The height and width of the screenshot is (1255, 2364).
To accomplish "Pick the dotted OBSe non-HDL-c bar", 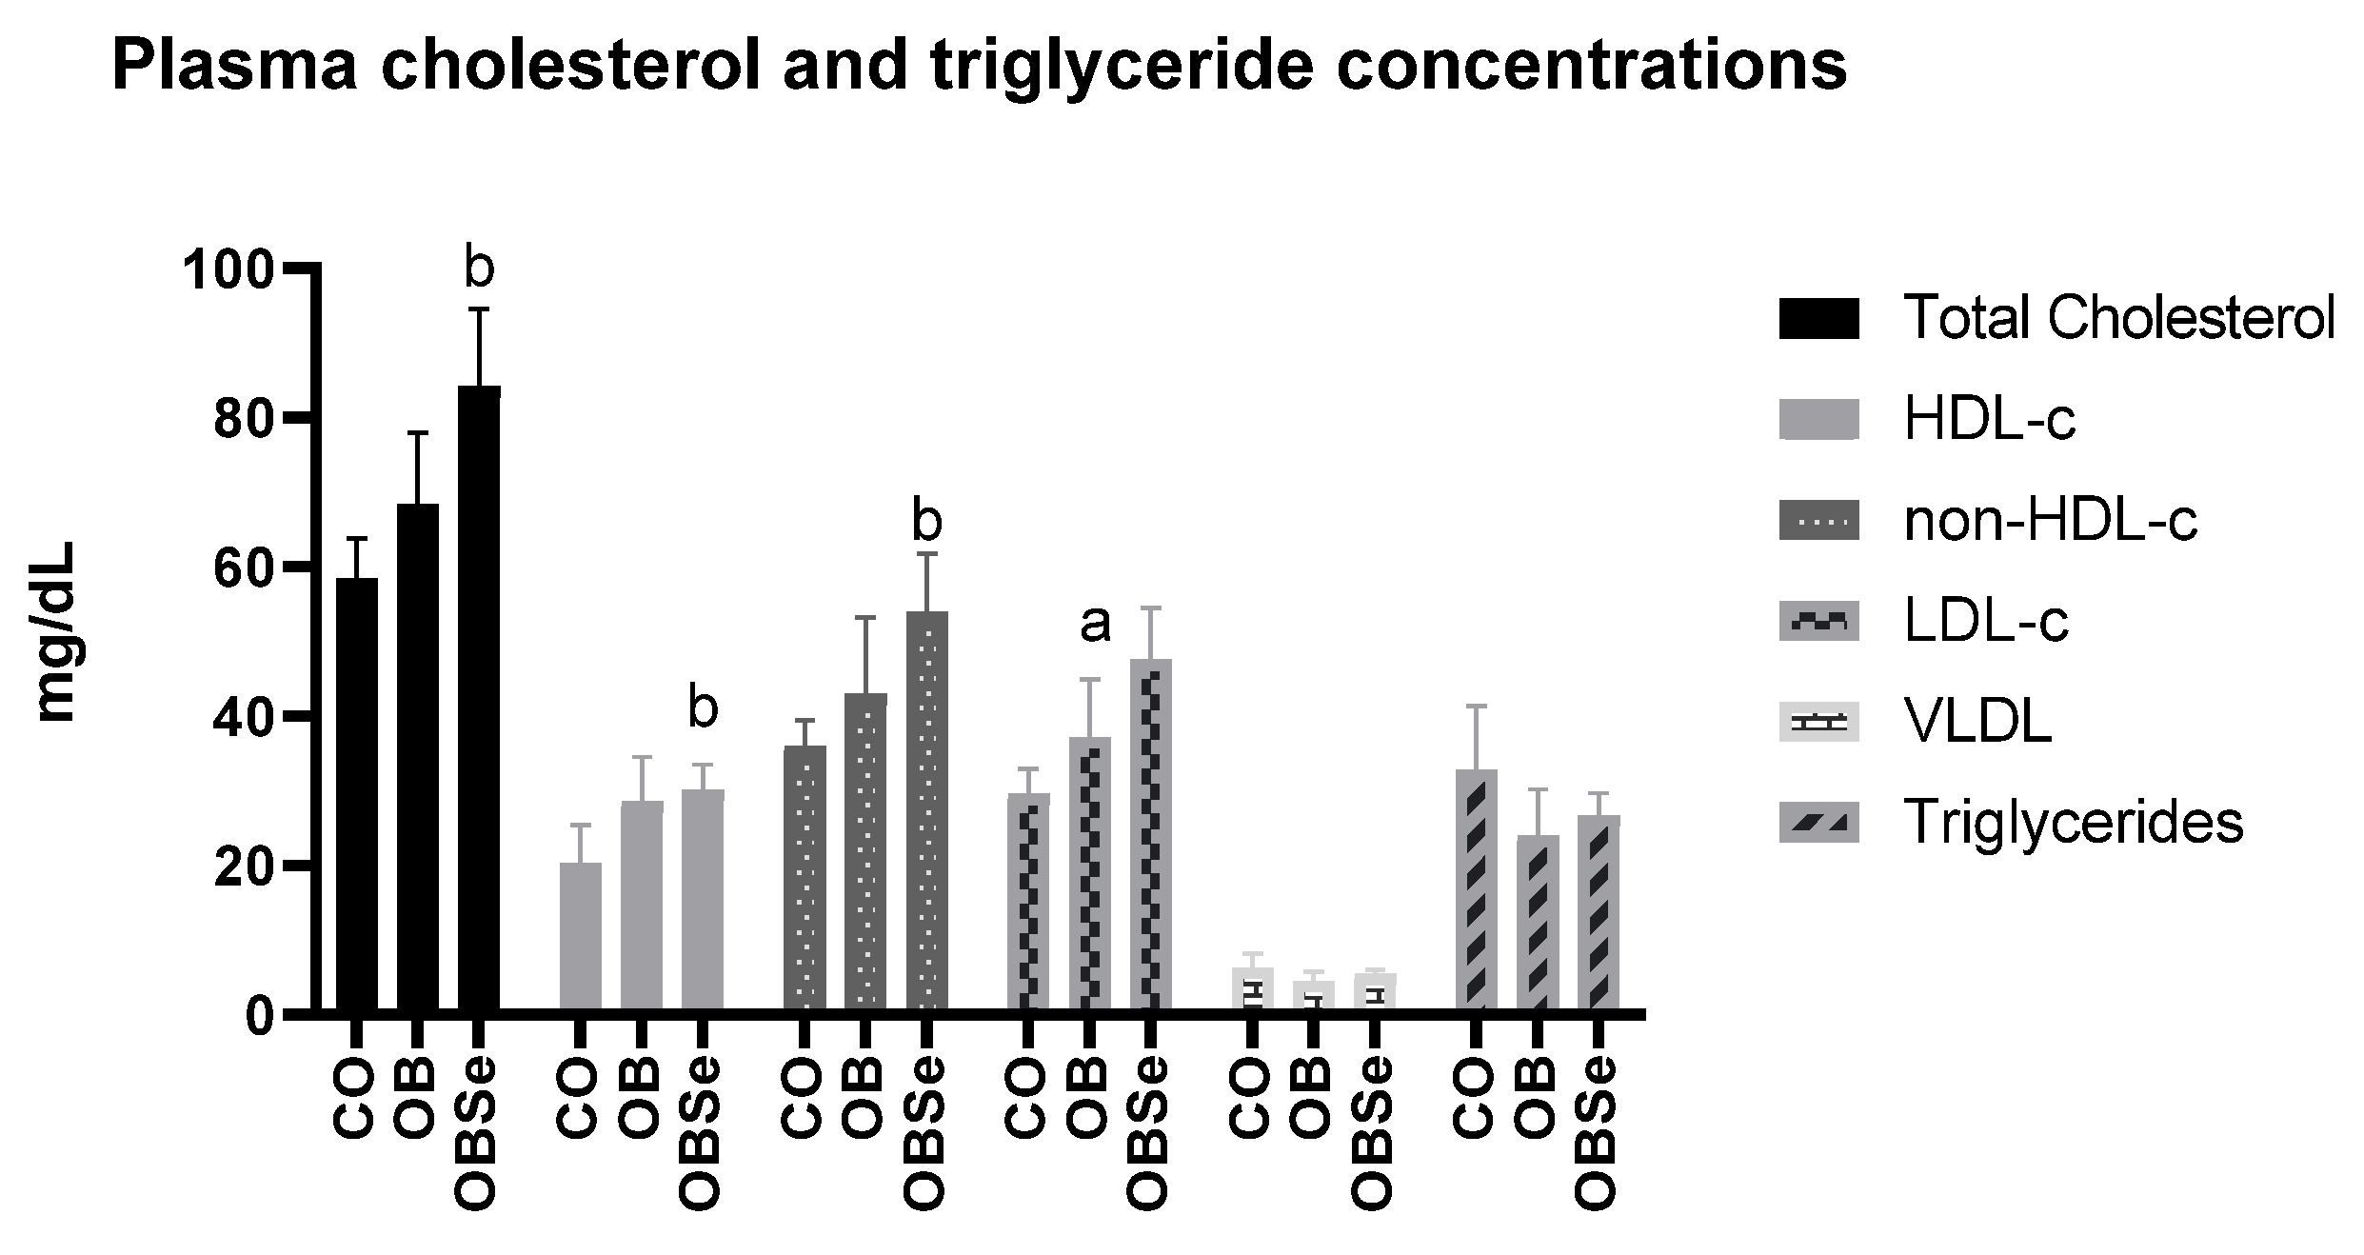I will pos(926,809).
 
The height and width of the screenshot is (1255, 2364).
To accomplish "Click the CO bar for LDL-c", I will pos(1028,900).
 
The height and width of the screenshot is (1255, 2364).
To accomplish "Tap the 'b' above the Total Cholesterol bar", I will pos(479,269).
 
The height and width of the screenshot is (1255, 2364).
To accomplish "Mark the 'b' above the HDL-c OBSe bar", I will pos(703,710).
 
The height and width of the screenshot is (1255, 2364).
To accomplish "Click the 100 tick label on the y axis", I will pos(228,271).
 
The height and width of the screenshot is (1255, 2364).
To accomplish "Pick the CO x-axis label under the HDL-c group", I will pos(579,1099).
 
